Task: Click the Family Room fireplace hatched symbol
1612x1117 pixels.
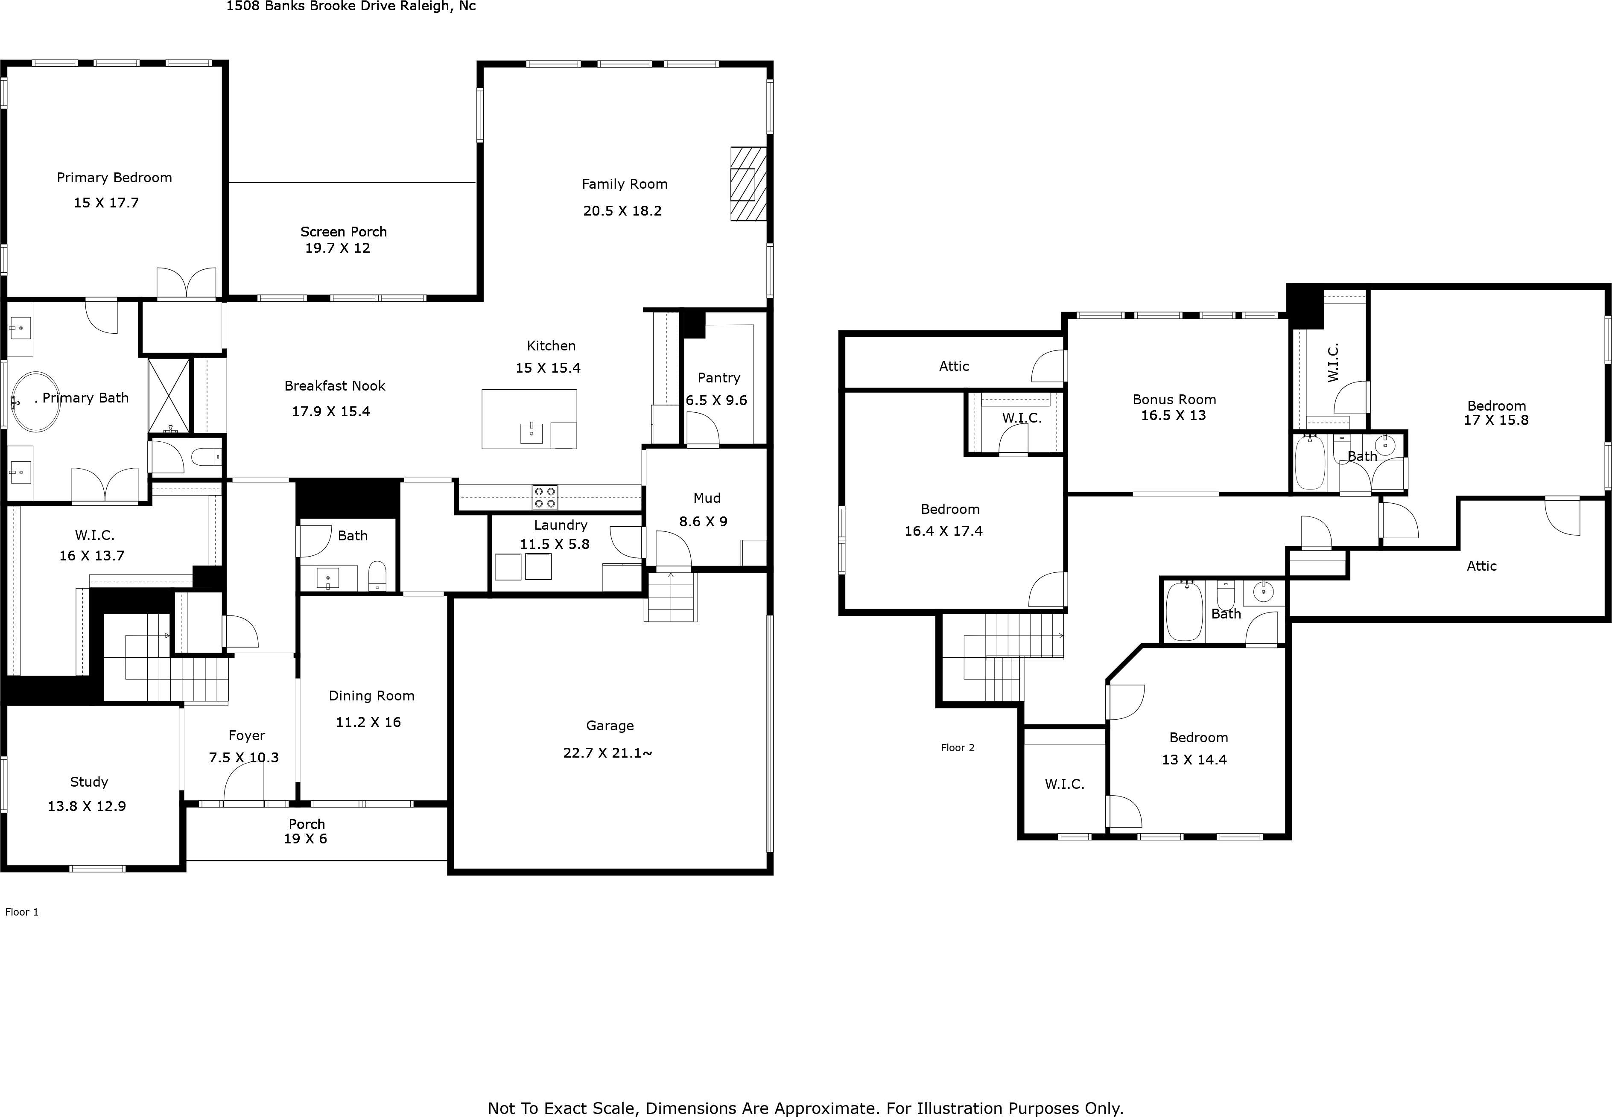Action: tap(748, 184)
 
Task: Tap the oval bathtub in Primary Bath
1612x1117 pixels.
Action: tap(34, 401)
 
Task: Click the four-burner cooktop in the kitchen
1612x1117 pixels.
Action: tap(545, 498)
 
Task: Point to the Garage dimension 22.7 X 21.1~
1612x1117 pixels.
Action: tap(607, 753)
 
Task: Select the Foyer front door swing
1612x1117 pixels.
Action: tap(244, 782)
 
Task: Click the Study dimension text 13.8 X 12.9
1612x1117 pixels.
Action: tap(87, 806)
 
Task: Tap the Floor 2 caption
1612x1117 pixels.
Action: tap(957, 747)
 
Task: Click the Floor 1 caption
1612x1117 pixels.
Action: tap(22, 912)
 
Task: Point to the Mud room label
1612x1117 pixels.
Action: tap(706, 498)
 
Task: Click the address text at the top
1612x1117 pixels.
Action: tap(350, 6)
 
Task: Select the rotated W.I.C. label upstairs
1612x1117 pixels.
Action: tap(1333, 362)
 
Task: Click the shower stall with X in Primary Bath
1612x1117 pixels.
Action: tap(169, 395)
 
